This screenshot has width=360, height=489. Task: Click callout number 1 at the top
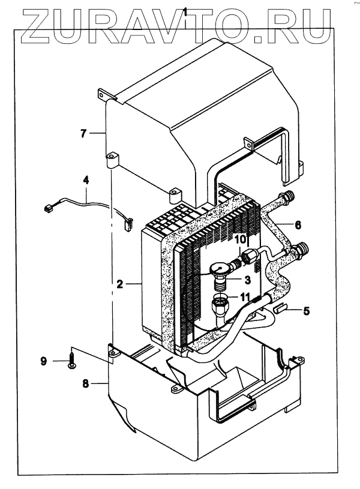[187, 10]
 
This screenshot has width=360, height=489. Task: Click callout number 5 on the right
[306, 311]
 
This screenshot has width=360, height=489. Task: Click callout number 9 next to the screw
[43, 361]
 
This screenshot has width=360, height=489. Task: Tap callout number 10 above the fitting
[240, 239]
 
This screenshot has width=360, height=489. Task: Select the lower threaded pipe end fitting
[302, 248]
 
